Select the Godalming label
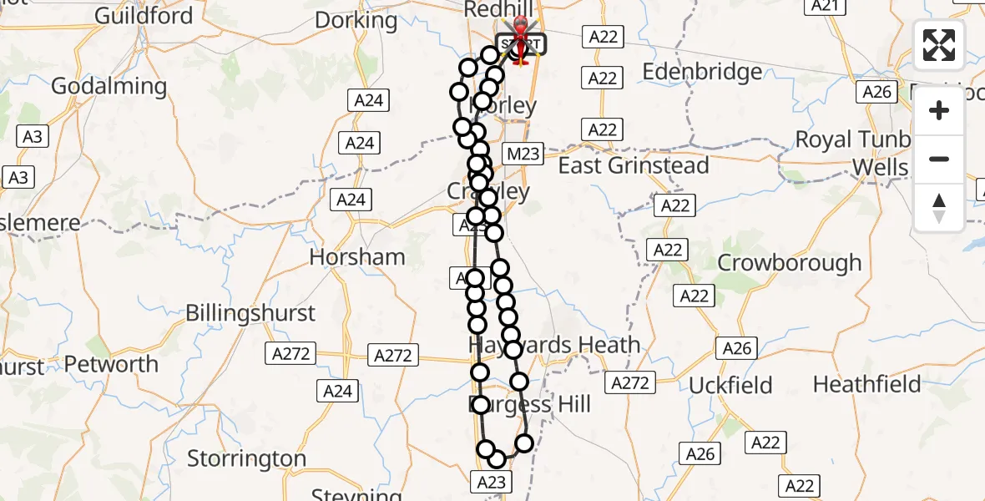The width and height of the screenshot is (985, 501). (109, 86)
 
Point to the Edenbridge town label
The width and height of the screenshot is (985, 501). (702, 72)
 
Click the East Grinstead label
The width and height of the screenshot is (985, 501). (634, 165)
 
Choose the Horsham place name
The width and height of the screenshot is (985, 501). (357, 257)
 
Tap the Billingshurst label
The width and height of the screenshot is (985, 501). (250, 313)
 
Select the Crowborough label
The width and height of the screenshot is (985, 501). (790, 262)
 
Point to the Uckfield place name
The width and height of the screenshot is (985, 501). (730, 386)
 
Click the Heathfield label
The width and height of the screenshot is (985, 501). (866, 385)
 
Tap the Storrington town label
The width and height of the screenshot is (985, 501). (247, 458)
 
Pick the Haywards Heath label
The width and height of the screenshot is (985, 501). (554, 345)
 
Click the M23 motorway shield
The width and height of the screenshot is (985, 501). (523, 154)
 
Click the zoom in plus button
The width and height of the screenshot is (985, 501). (939, 110)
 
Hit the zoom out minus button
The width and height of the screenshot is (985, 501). (939, 159)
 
